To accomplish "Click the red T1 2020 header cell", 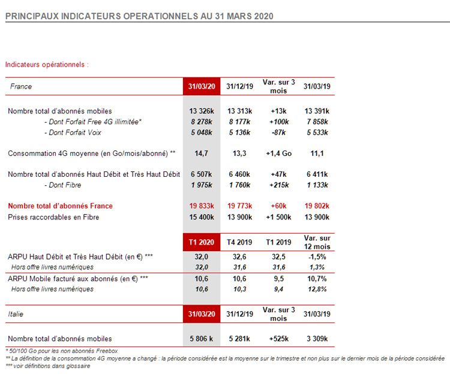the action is click(202, 242).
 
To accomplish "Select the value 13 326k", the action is click(202, 111).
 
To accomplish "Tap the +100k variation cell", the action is click(279, 122).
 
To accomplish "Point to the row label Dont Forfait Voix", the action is click(73, 132).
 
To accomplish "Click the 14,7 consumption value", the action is click(201, 153).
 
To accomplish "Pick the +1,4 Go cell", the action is click(278, 153).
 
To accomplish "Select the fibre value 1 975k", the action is click(202, 185).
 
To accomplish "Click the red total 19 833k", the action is click(202, 206).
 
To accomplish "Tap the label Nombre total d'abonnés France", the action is click(60, 206).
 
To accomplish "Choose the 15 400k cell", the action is click(202, 217).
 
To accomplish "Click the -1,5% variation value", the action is click(317, 257).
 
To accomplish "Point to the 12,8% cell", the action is click(317, 289).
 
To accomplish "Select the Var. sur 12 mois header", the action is click(317, 242).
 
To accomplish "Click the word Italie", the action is click(16, 314).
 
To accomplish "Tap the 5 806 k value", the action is click(201, 339).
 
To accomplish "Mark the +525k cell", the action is click(279, 339).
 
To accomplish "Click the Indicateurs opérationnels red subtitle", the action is click(47, 65).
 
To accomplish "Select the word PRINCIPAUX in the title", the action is click(32, 16).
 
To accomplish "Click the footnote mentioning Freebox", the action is click(61, 351).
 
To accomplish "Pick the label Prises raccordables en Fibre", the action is click(53, 217).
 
